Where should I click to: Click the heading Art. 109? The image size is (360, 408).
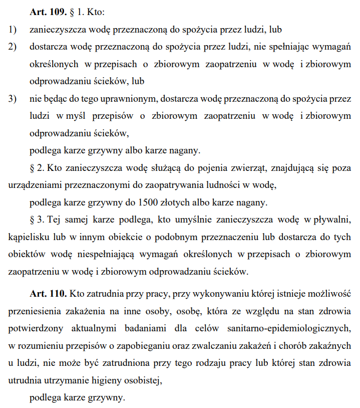coord(48,12)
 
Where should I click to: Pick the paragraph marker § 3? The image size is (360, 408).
coord(37,220)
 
